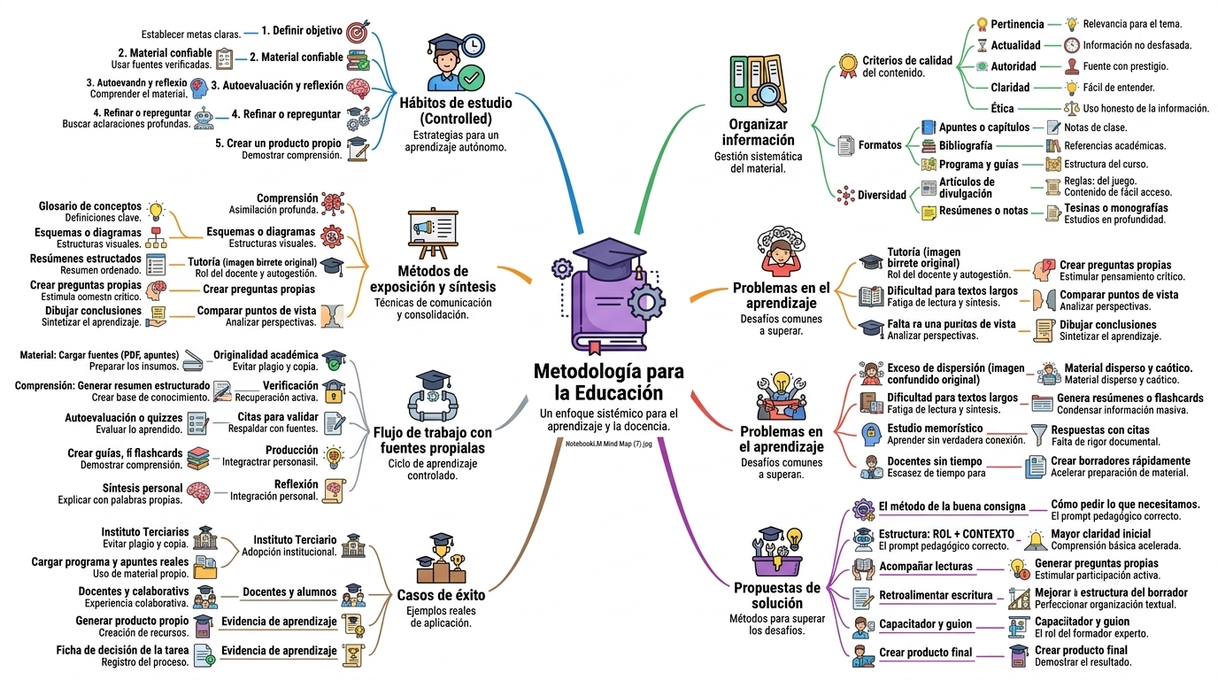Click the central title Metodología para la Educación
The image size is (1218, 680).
608,382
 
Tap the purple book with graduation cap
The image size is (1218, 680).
609,297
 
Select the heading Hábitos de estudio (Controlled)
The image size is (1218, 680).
456,111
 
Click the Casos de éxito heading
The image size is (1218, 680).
441,595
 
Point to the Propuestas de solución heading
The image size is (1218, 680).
777,595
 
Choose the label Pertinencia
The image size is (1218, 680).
1017,24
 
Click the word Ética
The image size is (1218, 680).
1002,108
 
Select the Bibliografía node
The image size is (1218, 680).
966,146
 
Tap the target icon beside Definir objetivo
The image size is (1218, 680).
358,32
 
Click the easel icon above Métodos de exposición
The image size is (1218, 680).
434,233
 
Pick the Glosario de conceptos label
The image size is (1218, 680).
89,206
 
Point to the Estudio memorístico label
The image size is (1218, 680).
936,429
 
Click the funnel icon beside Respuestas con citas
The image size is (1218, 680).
1038,436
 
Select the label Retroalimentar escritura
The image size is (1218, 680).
936,595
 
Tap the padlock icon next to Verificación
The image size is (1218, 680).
334,391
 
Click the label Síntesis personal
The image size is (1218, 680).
143,488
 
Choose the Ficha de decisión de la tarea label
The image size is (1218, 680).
122,650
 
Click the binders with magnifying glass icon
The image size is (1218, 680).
758,82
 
